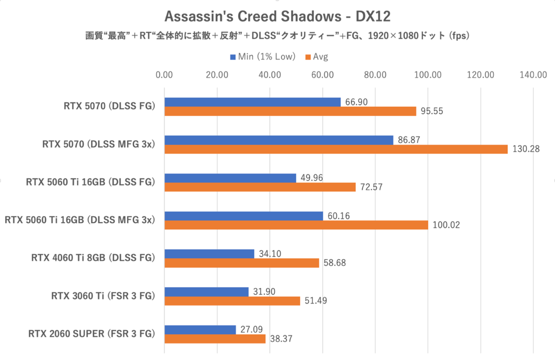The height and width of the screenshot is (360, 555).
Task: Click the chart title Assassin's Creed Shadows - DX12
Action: [x=277, y=17]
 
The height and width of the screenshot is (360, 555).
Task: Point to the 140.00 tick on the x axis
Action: [x=533, y=75]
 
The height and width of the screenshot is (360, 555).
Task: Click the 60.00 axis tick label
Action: [x=322, y=75]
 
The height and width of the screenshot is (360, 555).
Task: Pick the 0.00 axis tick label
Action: [x=164, y=75]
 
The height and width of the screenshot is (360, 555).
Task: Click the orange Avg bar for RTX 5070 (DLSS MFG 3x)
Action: [x=336, y=149]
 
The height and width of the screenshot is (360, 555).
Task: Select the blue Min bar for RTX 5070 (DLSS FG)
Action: [x=253, y=102]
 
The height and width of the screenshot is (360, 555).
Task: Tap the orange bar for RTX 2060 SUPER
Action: [x=215, y=339]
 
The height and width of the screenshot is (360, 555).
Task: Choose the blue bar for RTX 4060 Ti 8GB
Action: [x=209, y=254]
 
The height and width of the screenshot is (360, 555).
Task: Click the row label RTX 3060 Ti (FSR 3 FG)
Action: [x=103, y=296]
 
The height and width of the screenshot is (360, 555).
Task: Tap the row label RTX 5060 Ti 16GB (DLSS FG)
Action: [x=90, y=182]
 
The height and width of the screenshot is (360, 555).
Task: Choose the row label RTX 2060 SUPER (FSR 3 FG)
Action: [x=91, y=334]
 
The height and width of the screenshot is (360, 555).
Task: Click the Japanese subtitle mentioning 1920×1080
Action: [x=277, y=36]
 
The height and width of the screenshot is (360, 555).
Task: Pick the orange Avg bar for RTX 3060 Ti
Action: [x=232, y=301]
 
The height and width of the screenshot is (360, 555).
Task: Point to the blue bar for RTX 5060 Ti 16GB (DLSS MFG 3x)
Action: [x=244, y=216]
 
